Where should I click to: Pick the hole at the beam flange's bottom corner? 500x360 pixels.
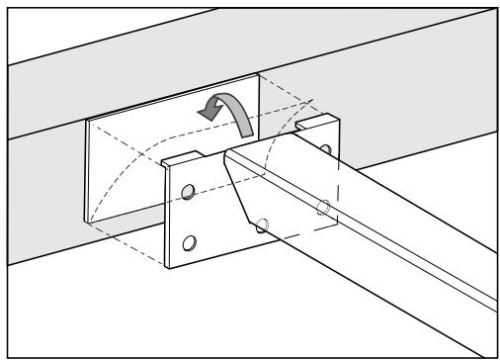(261, 225)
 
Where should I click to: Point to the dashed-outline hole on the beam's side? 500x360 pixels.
(322, 207)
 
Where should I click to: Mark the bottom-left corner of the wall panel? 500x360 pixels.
(88, 221)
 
